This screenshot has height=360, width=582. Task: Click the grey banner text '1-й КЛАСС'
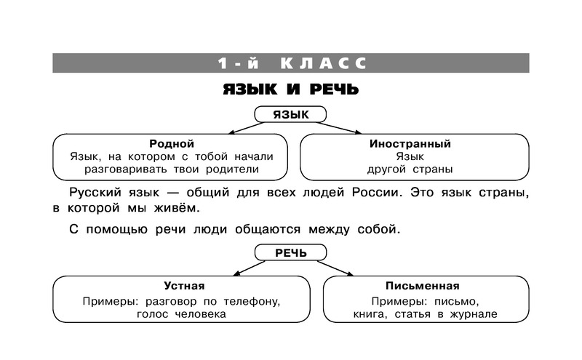pyautogui.click(x=292, y=63)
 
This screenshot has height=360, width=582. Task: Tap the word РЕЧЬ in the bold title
pyautogui.click(x=334, y=89)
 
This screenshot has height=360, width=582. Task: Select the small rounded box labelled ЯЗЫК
pyautogui.click(x=290, y=114)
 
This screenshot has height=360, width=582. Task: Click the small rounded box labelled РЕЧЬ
pyautogui.click(x=290, y=253)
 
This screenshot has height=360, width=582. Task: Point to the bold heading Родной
pyautogui.click(x=172, y=143)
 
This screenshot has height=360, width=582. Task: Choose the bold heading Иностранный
pyautogui.click(x=410, y=143)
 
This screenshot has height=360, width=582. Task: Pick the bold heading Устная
pyautogui.click(x=184, y=286)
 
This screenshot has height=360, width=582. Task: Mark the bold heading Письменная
pyautogui.click(x=423, y=286)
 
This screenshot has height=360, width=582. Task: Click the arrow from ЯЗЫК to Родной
pyautogui.click(x=247, y=128)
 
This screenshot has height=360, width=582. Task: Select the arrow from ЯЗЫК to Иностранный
pyautogui.click(x=339, y=128)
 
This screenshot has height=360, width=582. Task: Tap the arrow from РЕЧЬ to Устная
pyautogui.click(x=249, y=268)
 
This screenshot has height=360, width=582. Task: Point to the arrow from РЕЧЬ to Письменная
pyautogui.click(x=335, y=268)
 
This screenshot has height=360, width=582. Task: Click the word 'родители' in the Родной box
pyautogui.click(x=232, y=169)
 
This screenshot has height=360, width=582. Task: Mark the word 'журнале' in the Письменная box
pyautogui.click(x=474, y=314)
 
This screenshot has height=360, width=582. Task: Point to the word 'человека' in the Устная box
pyautogui.click(x=200, y=314)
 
